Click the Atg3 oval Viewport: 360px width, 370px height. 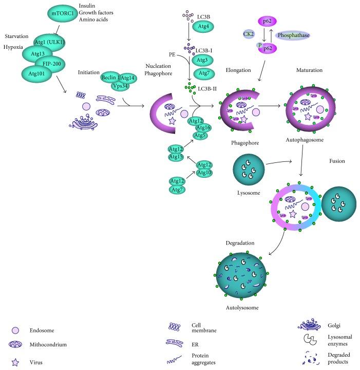coord(204,60)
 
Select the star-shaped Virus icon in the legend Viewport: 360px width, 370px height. coord(15,362)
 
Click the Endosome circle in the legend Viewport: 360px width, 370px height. coord(15,329)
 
